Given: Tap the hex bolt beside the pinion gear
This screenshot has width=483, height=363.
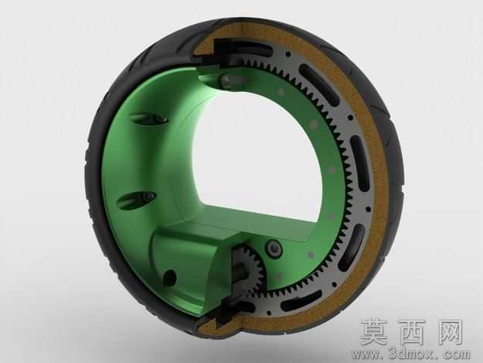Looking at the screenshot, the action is tap(274, 248).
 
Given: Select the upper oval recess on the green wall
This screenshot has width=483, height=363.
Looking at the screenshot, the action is tap(148, 118).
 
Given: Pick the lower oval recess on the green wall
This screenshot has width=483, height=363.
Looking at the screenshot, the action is tap(137, 199).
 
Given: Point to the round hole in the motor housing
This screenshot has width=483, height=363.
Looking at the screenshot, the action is tap(170, 276).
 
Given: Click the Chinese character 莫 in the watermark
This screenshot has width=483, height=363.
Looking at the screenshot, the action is tap(375, 333).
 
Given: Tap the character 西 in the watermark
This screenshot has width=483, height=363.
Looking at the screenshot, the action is tap(413, 333).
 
